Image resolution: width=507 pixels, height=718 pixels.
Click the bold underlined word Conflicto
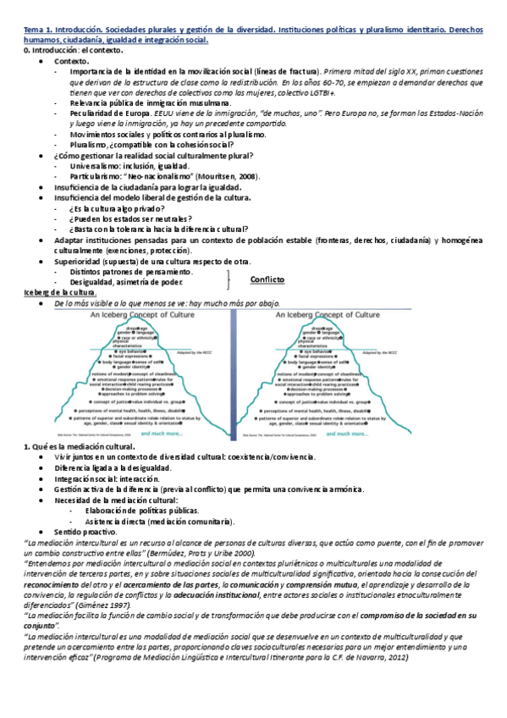click(267, 279)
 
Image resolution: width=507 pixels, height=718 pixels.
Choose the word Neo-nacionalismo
click(162, 176)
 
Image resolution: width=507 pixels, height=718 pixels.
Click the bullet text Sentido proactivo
click(89, 531)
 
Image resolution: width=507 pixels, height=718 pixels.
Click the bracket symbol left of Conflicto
click(229, 277)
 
